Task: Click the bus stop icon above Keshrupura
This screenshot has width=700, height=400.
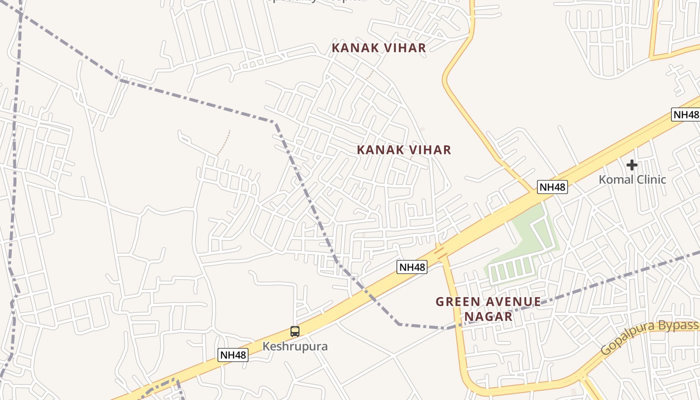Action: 295,331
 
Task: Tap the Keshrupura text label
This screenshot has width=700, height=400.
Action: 295,346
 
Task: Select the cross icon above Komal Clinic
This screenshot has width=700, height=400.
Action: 632,164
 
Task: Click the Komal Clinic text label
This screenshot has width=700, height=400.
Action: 632,179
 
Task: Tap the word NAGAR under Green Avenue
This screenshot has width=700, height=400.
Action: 488,316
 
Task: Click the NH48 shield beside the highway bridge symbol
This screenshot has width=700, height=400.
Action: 412,267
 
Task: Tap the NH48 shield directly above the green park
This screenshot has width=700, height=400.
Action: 552,187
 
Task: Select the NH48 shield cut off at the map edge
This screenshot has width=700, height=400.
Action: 685,114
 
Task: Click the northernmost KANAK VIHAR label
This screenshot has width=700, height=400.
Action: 379,48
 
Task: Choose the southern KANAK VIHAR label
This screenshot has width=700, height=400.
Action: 404,149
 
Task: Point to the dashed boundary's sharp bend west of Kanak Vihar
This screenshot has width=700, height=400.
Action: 274,122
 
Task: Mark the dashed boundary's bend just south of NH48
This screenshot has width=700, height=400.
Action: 399,323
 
